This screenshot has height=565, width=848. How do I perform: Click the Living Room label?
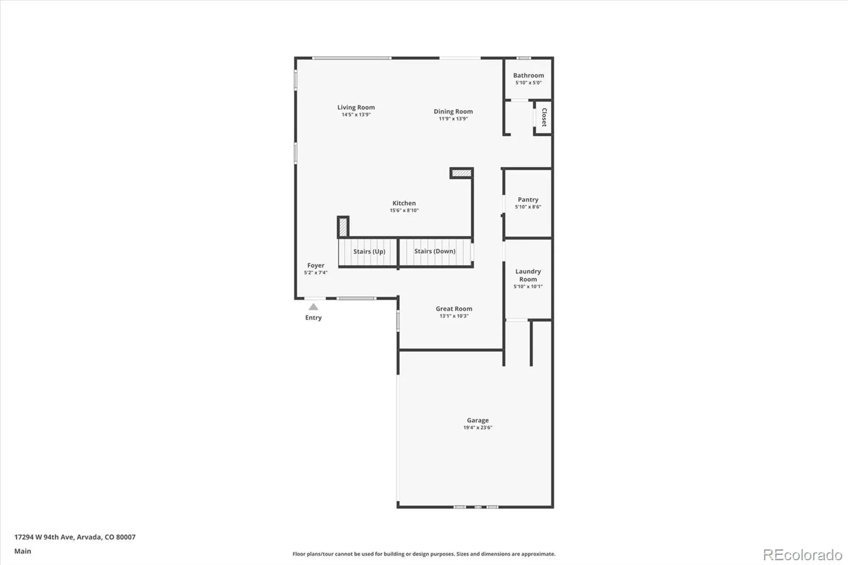click(356, 107)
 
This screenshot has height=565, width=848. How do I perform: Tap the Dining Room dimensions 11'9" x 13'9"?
click(453, 119)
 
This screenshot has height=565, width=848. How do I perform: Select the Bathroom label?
click(528, 75)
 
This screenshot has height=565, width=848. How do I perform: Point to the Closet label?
click(544, 118)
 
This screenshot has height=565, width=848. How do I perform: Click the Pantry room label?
click(528, 200)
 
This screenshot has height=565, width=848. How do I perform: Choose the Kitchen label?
click(404, 203)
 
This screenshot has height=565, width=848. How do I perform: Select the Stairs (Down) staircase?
click(435, 251)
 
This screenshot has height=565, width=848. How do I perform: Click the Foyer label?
click(315, 266)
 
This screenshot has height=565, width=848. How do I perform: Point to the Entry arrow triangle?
click(313, 307)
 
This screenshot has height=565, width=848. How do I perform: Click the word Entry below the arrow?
click(313, 317)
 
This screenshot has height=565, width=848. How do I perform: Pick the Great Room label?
click(454, 308)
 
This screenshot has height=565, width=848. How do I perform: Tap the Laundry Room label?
click(528, 275)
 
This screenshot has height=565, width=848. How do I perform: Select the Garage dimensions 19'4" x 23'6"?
click(478, 428)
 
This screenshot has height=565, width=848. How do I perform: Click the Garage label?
click(478, 420)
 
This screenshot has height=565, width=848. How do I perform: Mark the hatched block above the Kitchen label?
click(461, 173)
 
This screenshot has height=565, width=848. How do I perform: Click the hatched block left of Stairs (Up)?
click(343, 227)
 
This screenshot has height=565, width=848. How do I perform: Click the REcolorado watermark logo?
click(802, 555)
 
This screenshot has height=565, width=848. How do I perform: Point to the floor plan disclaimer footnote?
click(424, 554)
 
